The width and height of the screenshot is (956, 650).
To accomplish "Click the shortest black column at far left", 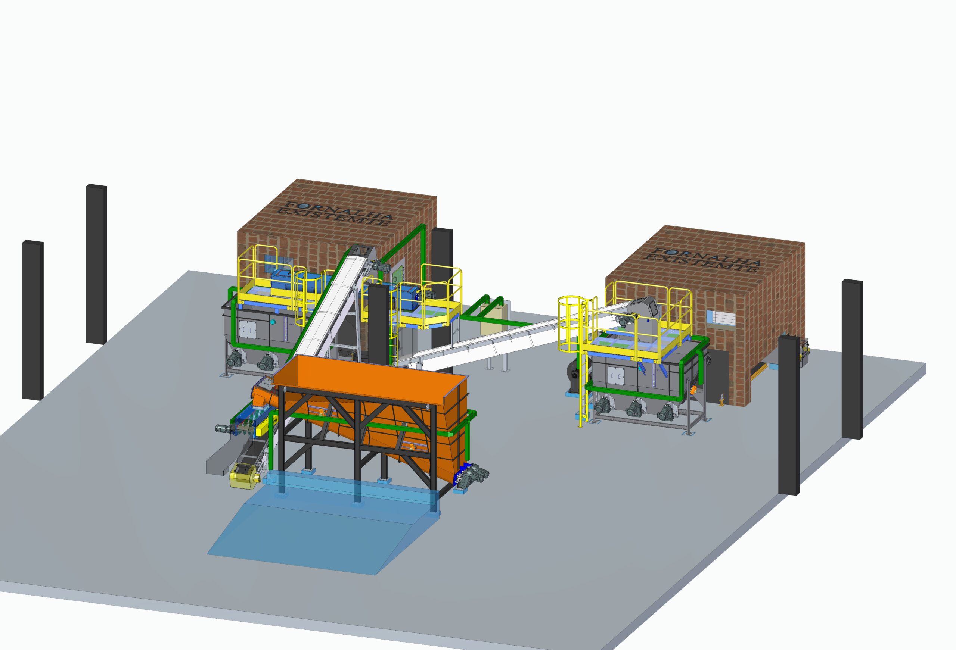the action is pos(32,320).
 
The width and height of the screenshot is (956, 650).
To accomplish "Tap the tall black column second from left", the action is pos(96,264).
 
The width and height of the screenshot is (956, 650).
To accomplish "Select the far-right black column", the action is pos(852,359).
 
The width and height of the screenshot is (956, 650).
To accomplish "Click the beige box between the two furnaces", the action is pos(492,319).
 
